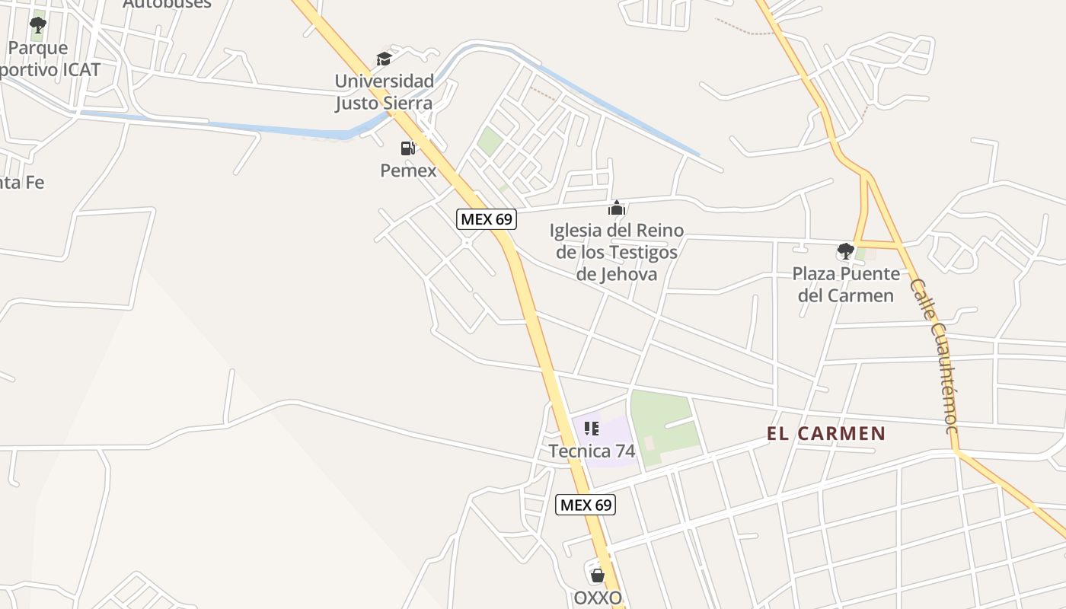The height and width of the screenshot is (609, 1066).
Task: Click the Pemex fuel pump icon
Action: pyautogui.click(x=408, y=148)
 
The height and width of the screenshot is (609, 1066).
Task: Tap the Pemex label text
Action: pyautogui.click(x=408, y=170)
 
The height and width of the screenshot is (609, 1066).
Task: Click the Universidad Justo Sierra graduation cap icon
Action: pyautogui.click(x=384, y=59)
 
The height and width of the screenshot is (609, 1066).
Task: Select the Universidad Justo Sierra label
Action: pyautogui.click(x=384, y=91)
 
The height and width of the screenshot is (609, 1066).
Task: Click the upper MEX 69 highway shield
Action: pyautogui.click(x=487, y=219)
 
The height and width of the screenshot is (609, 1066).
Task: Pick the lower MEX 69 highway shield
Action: pyautogui.click(x=585, y=504)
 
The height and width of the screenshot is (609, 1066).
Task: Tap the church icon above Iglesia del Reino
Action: pyautogui.click(x=616, y=208)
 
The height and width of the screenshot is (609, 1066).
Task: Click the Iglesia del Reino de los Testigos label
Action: pyautogui.click(x=616, y=252)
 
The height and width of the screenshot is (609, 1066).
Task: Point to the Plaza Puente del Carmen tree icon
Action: pyautogui.click(x=845, y=250)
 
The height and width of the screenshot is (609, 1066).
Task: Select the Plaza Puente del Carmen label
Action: pyautogui.click(x=845, y=284)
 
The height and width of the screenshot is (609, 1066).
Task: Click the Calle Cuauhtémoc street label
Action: pyautogui.click(x=934, y=356)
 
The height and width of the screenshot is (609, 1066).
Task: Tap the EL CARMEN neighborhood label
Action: pyautogui.click(x=825, y=434)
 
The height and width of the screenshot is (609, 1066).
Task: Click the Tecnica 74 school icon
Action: pyautogui.click(x=592, y=429)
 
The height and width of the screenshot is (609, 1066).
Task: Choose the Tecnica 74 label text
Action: pyautogui.click(x=592, y=451)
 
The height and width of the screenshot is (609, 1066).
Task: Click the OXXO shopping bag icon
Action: pyautogui.click(x=598, y=575)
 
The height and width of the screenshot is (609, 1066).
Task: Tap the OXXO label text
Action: pyautogui.click(x=598, y=598)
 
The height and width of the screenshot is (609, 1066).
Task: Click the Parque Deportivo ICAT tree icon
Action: pyautogui.click(x=37, y=26)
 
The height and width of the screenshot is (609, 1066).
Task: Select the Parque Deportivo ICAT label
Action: pyautogui.click(x=46, y=59)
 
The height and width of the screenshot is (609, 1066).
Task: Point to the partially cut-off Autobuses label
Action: pyautogui.click(x=167, y=4)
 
